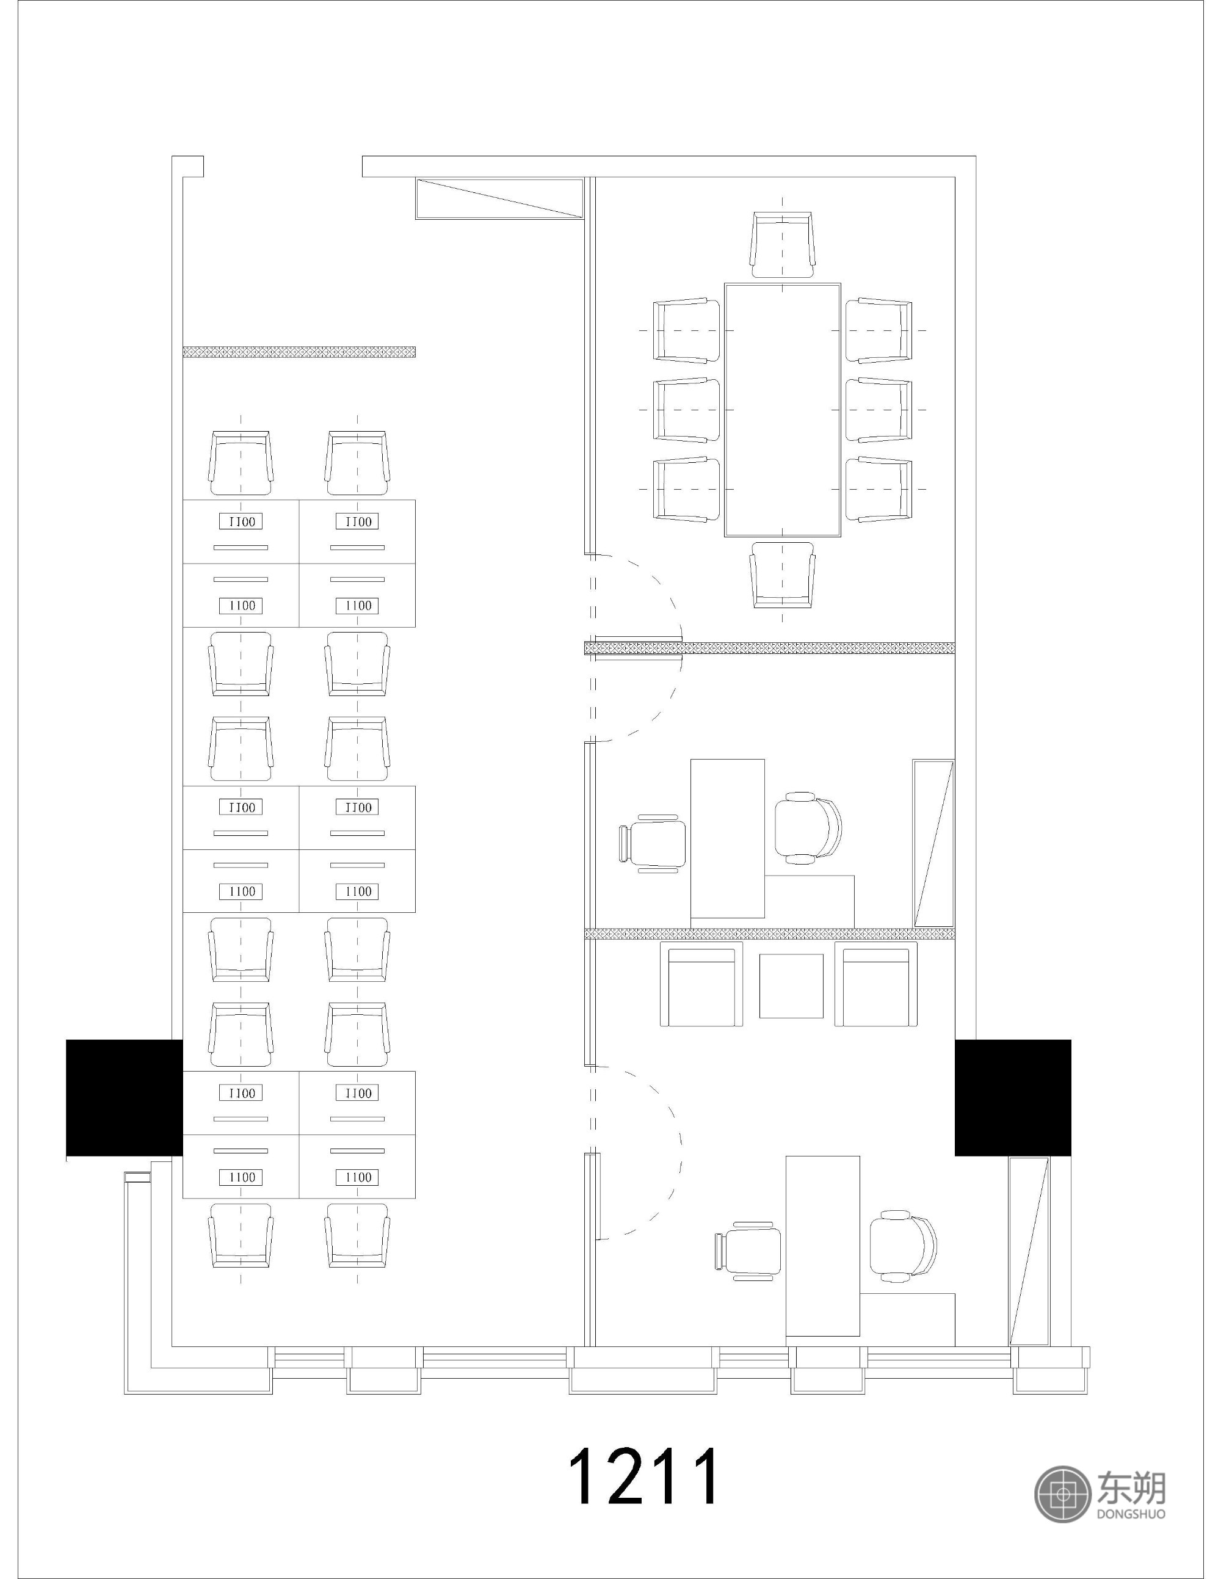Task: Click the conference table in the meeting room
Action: click(782, 410)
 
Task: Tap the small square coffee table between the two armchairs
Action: click(791, 986)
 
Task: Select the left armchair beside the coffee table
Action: click(701, 984)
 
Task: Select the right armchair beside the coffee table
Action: click(875, 984)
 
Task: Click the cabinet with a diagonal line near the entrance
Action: click(499, 198)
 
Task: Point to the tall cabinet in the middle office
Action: click(933, 843)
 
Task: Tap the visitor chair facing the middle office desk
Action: click(653, 844)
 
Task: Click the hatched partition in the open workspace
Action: click(299, 352)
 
